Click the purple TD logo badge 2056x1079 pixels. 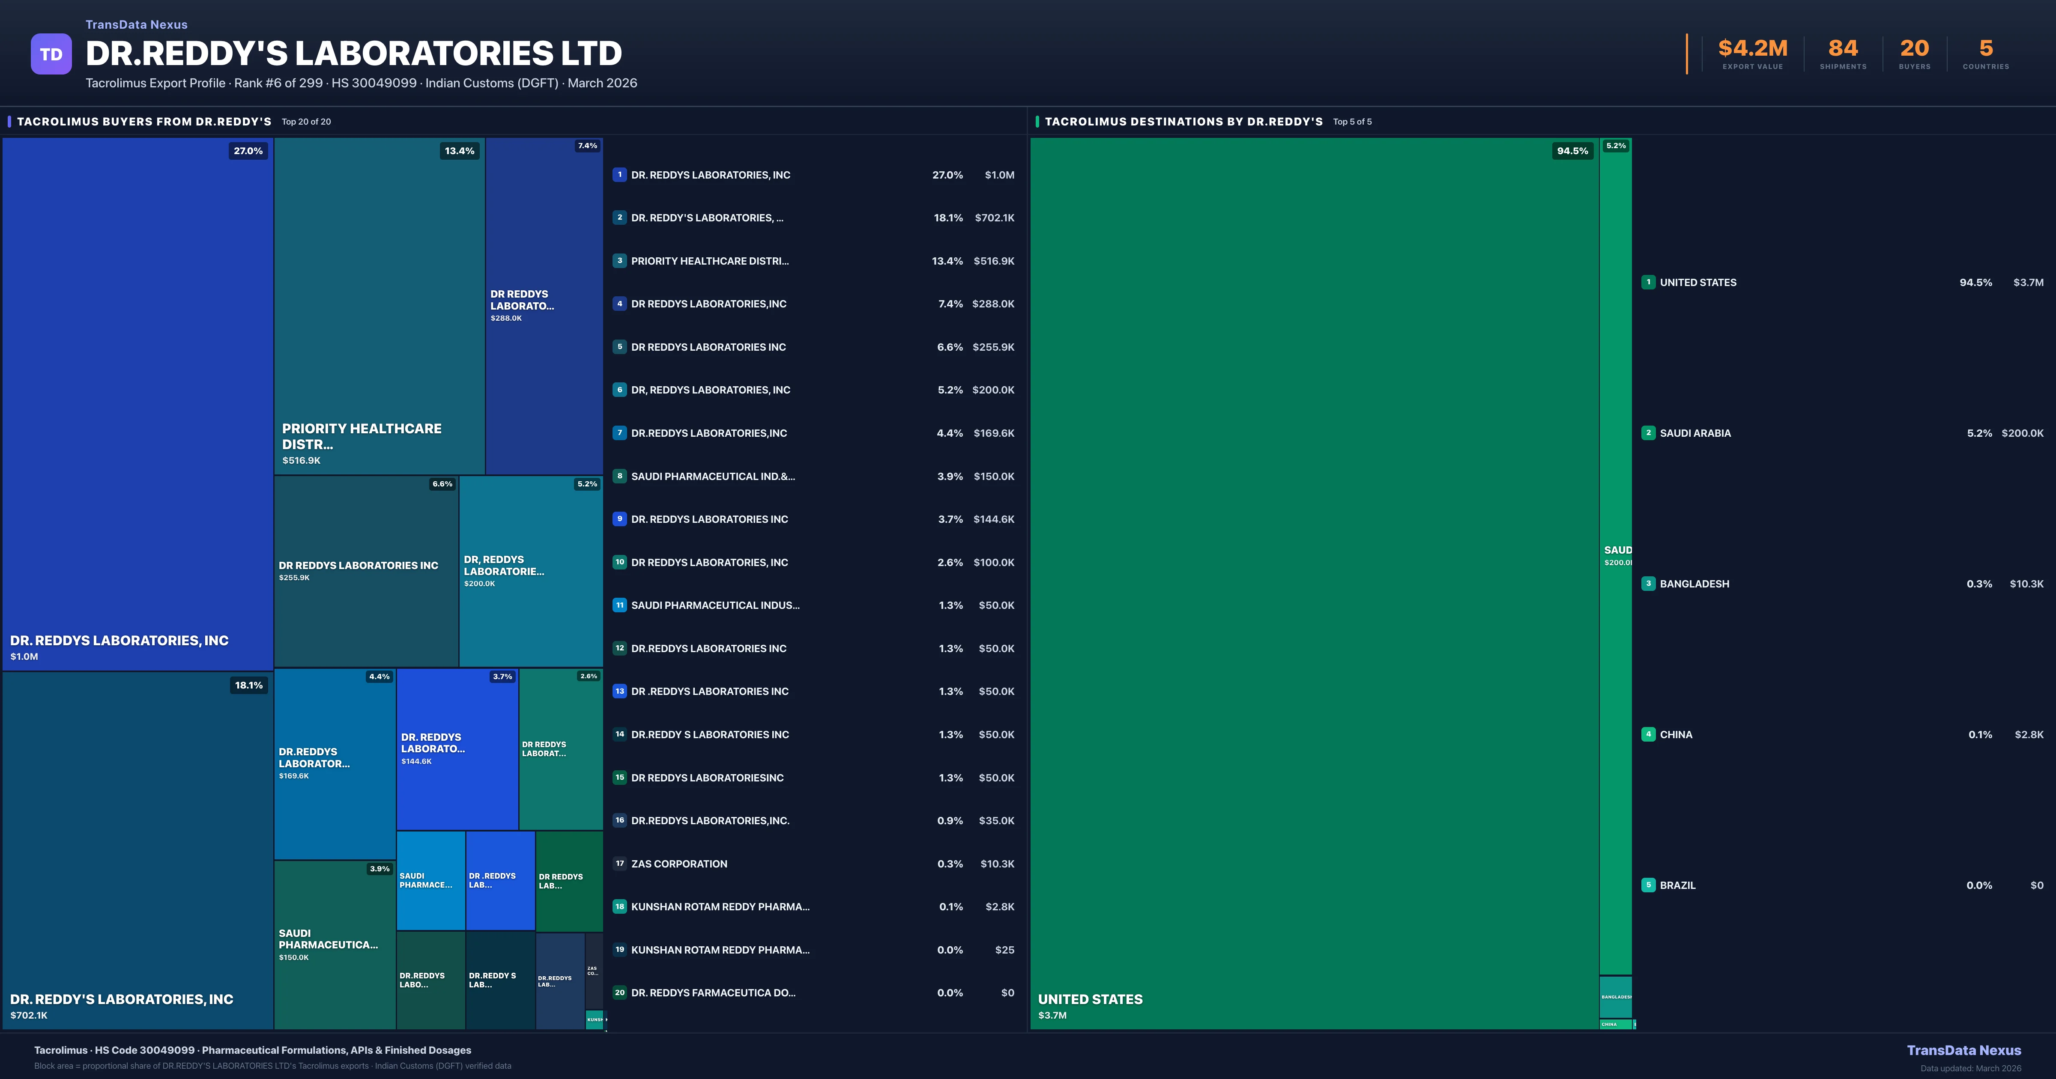pyautogui.click(x=51, y=54)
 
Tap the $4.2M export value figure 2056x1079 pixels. pyautogui.click(x=1753, y=49)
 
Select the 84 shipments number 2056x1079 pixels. pyautogui.click(x=1843, y=49)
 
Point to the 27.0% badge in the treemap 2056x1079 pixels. pyautogui.click(x=248, y=151)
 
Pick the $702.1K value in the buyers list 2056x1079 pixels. pyautogui.click(x=995, y=218)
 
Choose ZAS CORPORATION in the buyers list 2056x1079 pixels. pyautogui.click(x=679, y=864)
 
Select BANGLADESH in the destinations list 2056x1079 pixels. pyautogui.click(x=1694, y=584)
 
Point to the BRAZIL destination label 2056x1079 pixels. pyautogui.click(x=1678, y=885)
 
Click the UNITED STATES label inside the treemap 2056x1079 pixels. pyautogui.click(x=1090, y=999)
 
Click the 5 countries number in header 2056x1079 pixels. pyautogui.click(x=1986, y=49)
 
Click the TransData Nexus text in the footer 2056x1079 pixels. pyautogui.click(x=1963, y=1050)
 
